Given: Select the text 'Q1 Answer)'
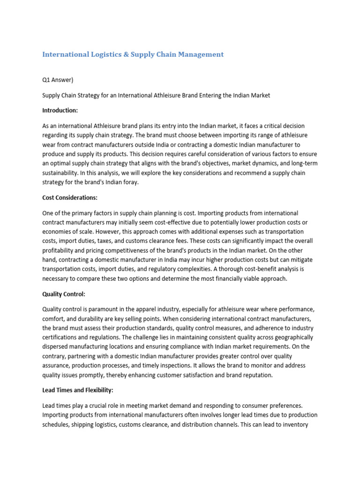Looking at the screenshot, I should tap(58, 80).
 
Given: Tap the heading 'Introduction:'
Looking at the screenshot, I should tap(60, 110).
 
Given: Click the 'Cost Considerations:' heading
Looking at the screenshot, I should tap(70, 197).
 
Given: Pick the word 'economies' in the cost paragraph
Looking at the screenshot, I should tap(57, 232).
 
